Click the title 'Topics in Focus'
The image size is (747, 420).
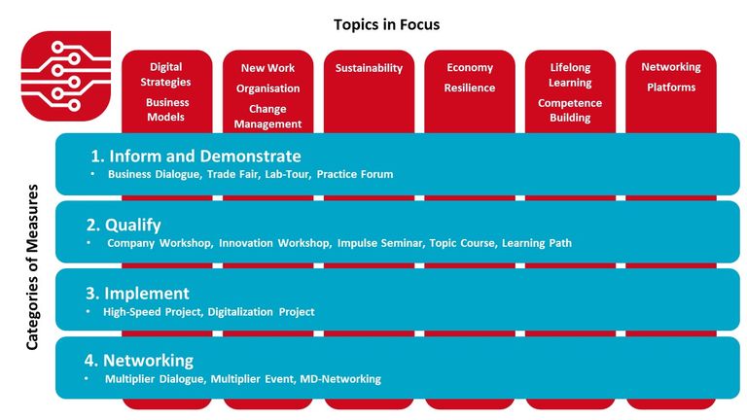[x=386, y=24]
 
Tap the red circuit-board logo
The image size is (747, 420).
[x=66, y=76]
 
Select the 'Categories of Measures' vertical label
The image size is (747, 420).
[x=32, y=267]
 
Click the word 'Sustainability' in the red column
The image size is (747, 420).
[x=369, y=68]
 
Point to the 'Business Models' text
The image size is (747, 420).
[x=166, y=110]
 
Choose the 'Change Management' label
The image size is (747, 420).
[x=267, y=117]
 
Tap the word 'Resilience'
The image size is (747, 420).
[x=469, y=87]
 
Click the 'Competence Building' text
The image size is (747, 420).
[x=570, y=110]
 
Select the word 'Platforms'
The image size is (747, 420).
[x=671, y=87]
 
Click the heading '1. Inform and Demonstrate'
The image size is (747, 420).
[x=196, y=157]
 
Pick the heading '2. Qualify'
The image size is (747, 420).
[x=124, y=225]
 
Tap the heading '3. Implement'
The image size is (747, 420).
[x=137, y=294]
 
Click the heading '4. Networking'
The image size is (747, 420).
[x=139, y=361]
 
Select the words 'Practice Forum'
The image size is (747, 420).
[x=355, y=174]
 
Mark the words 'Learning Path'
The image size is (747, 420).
[x=537, y=243]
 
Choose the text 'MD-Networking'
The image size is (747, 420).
[x=340, y=379]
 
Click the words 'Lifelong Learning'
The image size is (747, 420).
[x=570, y=75]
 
